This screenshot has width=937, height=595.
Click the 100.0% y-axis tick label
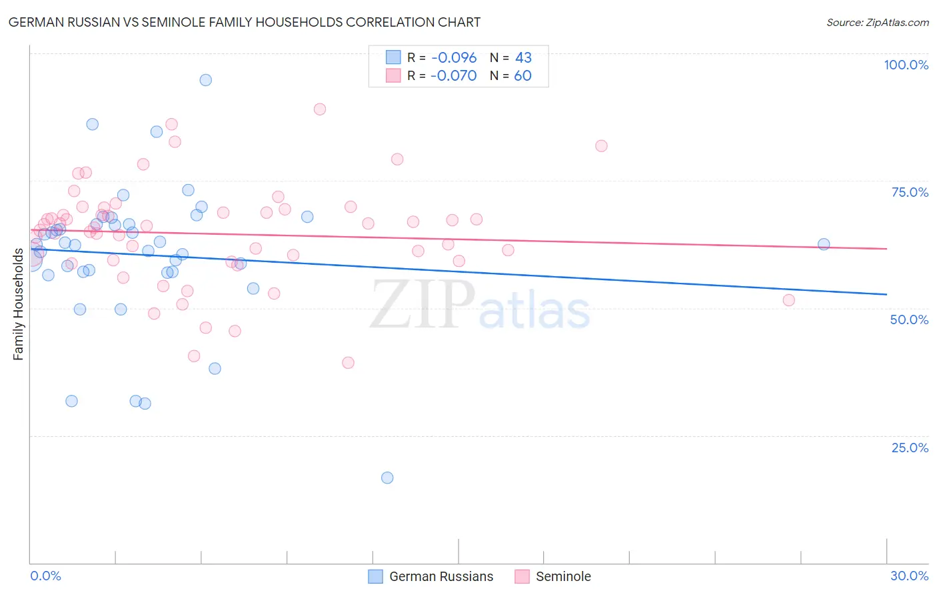[x=906, y=65]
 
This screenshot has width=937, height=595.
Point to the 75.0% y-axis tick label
[x=910, y=192]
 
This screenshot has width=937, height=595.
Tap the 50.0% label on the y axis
[x=909, y=320]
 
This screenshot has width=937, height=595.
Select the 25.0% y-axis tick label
[x=910, y=448]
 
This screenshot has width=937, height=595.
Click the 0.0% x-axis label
[x=45, y=576]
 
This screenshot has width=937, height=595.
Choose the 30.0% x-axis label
[x=909, y=576]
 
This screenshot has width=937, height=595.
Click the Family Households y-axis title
[x=18, y=304]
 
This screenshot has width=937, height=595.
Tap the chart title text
[x=244, y=22]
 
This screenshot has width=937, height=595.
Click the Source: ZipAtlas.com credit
[x=877, y=23]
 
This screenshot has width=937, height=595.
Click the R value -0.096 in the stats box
[x=454, y=58]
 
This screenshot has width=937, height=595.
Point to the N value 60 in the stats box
[x=522, y=75]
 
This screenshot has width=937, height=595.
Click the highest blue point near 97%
[x=206, y=80]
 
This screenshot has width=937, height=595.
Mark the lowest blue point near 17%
[x=387, y=478]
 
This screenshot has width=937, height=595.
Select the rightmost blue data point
[x=824, y=244]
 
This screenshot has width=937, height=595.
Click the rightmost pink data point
[x=789, y=300]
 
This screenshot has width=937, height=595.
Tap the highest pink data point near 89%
[x=320, y=109]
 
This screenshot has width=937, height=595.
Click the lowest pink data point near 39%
[x=348, y=363]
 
